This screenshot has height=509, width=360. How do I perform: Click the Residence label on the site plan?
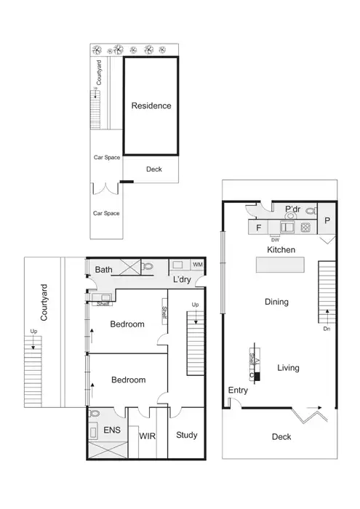pos(151,106)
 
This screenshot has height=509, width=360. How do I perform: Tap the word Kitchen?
pos(281,249)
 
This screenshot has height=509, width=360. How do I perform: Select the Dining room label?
pos(276,302)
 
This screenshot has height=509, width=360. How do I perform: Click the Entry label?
pos(238,390)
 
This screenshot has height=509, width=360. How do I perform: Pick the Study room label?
pos(187,436)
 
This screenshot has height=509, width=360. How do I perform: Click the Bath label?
pos(104,270)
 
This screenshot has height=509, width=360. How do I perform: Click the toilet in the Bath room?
pos(148,267)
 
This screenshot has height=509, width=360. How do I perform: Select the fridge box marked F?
pos(258,228)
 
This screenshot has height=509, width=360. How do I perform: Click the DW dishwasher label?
pos(275,238)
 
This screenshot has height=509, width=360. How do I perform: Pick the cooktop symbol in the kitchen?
pos(306,227)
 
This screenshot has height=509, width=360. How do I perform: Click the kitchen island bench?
pos(281,267)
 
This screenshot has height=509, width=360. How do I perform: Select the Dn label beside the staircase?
pos(327,328)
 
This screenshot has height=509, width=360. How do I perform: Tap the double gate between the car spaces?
pos(105,189)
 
